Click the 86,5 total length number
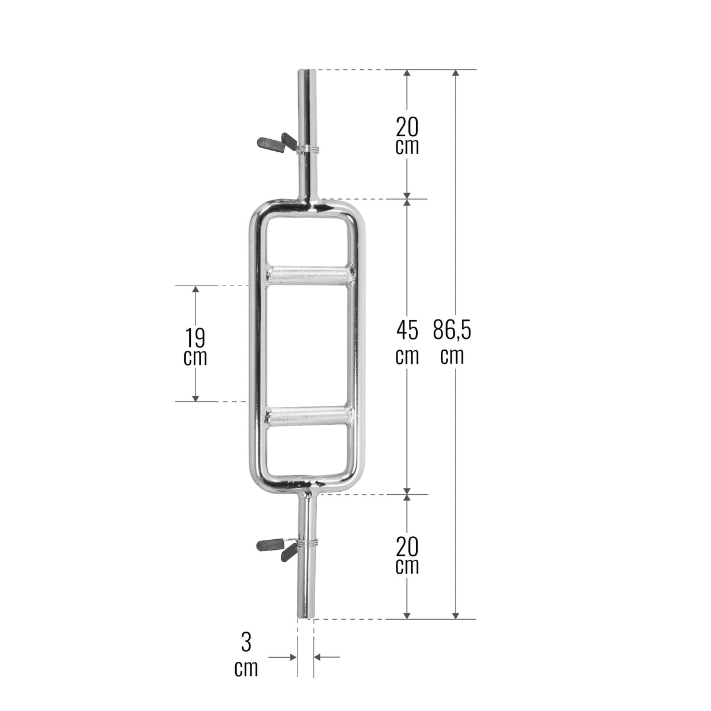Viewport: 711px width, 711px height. [x=452, y=330]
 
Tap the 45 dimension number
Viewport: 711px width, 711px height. [x=407, y=330]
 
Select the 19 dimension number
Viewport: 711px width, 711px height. [x=195, y=338]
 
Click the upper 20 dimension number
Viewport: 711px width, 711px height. [x=407, y=127]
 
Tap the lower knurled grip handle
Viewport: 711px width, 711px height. [x=309, y=417]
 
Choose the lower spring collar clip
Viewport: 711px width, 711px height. [x=286, y=550]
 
